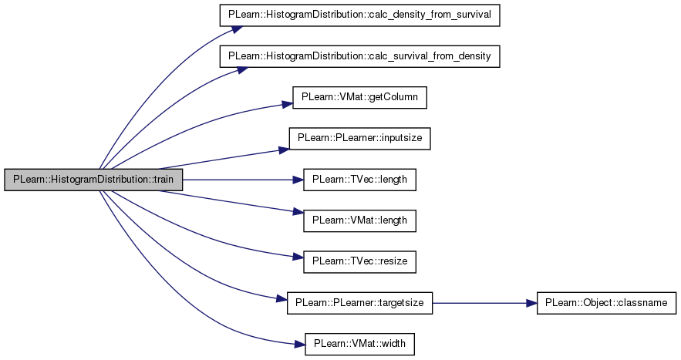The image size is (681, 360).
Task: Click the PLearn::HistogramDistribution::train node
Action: click(x=93, y=180)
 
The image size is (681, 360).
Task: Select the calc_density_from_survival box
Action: click(x=361, y=16)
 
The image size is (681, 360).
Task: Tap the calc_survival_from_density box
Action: click(x=361, y=56)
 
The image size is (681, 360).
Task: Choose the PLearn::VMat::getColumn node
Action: click(x=360, y=98)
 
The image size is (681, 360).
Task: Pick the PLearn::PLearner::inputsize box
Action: click(x=360, y=139)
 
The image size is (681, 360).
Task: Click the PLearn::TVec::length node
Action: click(x=360, y=180)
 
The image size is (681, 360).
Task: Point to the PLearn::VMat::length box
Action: click(x=360, y=220)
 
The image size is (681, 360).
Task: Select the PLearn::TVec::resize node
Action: click(x=360, y=261)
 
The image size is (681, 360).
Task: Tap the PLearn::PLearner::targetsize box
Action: click(x=360, y=303)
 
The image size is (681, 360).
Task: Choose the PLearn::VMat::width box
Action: click(x=360, y=344)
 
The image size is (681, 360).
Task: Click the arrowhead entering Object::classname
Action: click(x=531, y=303)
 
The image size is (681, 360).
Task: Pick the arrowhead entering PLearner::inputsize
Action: click(x=283, y=149)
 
